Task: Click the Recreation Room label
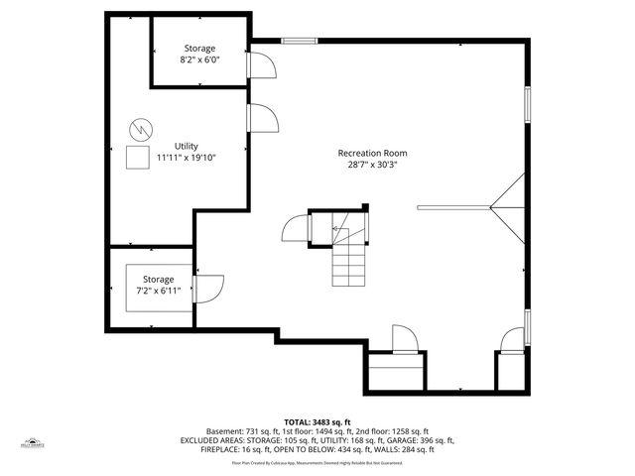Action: pyautogui.click(x=372, y=154)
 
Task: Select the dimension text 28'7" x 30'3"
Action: pyautogui.click(x=372, y=166)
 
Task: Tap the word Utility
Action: pyautogui.click(x=187, y=146)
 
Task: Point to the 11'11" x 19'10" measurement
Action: pyautogui.click(x=187, y=158)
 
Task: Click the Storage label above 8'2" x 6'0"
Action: pyautogui.click(x=199, y=49)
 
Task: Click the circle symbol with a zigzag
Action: pyautogui.click(x=141, y=128)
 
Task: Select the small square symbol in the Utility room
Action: pyautogui.click(x=137, y=157)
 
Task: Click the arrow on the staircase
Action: pyautogui.click(x=337, y=230)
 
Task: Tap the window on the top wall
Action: pyautogui.click(x=299, y=41)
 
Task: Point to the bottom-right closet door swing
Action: pyautogui.click(x=513, y=339)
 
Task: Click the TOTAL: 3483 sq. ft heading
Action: pyautogui.click(x=317, y=422)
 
